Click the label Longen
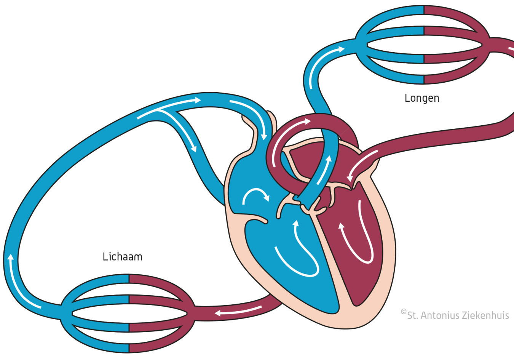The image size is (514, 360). (x=421, y=98)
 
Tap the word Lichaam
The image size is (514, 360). (x=122, y=257)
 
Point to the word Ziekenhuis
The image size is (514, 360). (x=485, y=315)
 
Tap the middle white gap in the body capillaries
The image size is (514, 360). (x=129, y=313)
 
